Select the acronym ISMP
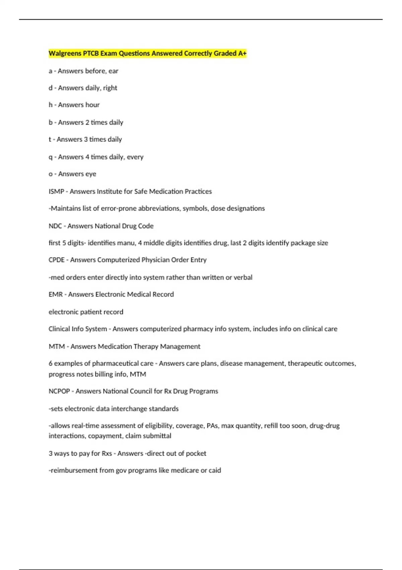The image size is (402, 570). [56, 191]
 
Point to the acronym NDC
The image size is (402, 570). [55, 226]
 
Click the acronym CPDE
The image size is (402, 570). [57, 260]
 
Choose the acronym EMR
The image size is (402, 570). [56, 294]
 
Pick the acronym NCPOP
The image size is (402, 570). [59, 391]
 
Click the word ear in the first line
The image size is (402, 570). [113, 71]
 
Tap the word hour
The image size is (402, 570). [92, 105]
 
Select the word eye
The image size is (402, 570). [90, 174]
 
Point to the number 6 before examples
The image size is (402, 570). [51, 363]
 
